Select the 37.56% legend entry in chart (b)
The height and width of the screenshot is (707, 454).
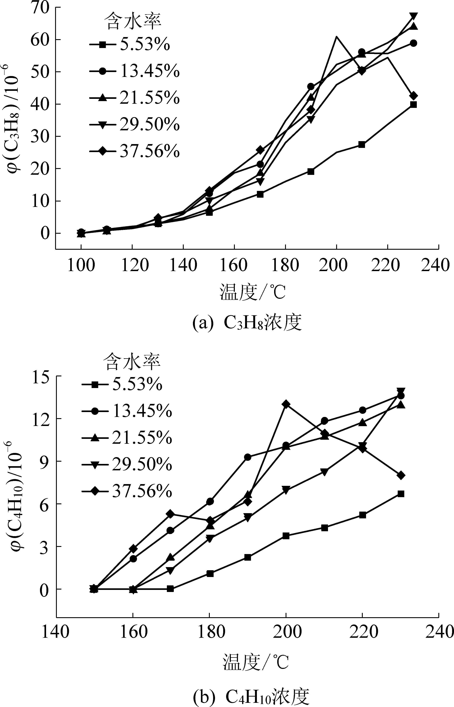click(127, 491)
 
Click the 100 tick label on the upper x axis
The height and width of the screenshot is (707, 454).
click(81, 265)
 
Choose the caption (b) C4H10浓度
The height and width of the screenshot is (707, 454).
click(251, 695)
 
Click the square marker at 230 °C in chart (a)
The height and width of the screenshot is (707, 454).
click(413, 104)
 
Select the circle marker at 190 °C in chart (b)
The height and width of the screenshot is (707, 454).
click(248, 457)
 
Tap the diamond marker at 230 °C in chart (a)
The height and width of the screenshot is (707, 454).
click(413, 96)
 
